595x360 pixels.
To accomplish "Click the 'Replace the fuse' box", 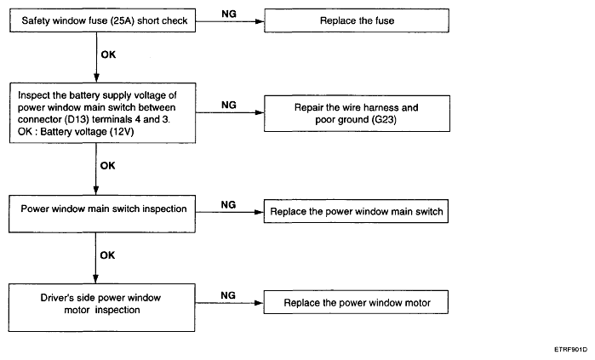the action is coord(357,20).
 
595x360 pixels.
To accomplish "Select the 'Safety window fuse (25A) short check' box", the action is coord(102,20).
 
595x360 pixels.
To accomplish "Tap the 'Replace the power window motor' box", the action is coord(356,302).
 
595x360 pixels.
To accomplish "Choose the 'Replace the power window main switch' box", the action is coord(356,211).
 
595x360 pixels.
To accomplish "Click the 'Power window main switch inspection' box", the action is coord(102,214).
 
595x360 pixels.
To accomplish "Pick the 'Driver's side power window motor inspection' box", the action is coord(101,307).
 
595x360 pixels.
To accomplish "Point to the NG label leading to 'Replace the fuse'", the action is coord(229,14).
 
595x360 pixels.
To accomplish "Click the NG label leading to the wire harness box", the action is coord(229,105).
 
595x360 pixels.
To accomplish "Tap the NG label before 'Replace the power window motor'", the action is coord(228,295).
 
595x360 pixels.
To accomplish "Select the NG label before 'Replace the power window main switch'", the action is coord(228,205).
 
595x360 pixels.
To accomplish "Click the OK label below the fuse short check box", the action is coord(108,54).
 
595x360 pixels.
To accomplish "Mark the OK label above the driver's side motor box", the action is coord(107,255).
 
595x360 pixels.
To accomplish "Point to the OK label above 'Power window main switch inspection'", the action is coord(108,166).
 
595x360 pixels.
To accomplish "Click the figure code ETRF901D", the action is coord(570,350).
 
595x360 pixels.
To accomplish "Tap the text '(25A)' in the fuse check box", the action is coord(123,21).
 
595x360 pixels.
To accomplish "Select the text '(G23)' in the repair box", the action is coord(384,120).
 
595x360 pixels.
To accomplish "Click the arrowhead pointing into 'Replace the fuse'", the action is coord(260,21).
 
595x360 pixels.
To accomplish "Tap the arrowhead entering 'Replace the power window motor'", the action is coord(259,303).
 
